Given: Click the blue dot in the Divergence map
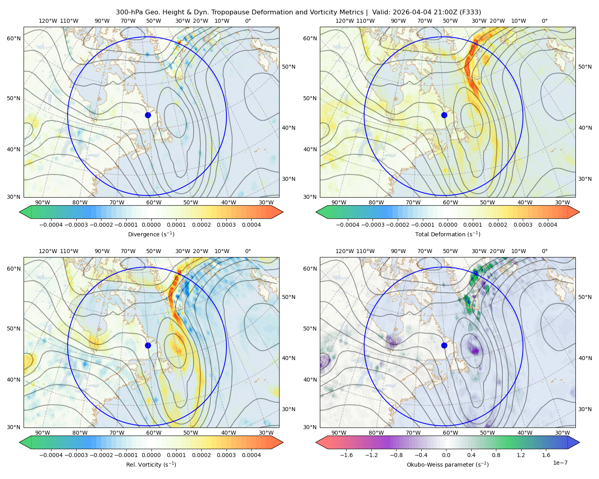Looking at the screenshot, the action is [x=148, y=115].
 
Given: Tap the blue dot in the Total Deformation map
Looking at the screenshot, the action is [x=444, y=115].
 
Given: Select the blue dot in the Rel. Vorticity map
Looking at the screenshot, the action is [x=148, y=345].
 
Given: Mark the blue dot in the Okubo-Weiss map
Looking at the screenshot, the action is [x=444, y=345].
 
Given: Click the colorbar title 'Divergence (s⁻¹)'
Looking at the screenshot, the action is [x=151, y=234].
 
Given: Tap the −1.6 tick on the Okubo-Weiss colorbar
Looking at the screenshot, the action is [x=346, y=455].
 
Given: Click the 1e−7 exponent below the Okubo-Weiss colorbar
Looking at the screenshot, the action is [x=560, y=463].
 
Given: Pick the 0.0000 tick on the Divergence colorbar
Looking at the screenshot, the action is [x=151, y=225].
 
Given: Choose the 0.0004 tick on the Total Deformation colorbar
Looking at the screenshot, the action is [x=547, y=225].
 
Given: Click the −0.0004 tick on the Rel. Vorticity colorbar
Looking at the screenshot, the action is [x=51, y=455].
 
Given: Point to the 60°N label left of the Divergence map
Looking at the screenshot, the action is [x=14, y=38].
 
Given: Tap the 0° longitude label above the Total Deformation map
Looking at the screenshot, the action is [x=544, y=21].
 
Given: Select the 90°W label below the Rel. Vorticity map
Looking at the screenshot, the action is [x=43, y=433].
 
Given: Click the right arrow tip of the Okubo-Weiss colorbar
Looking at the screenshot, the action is [x=579, y=442].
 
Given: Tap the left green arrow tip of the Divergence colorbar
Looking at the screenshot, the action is [x=20, y=212].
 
